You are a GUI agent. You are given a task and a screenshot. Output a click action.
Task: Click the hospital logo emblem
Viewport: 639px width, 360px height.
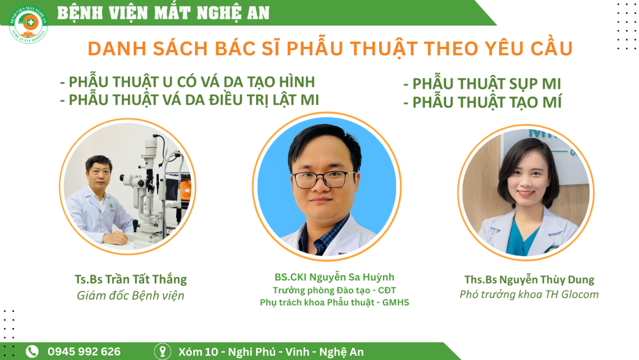(x=28, y=24)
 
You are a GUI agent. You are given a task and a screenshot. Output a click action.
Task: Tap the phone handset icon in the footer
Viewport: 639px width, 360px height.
(x=32, y=352)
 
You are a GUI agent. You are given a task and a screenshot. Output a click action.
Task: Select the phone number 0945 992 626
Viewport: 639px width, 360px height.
(x=84, y=352)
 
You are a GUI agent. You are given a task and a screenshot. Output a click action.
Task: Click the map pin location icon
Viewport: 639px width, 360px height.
(x=163, y=352)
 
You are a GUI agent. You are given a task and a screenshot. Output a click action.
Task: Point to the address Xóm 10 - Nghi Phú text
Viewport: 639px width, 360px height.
(x=227, y=352)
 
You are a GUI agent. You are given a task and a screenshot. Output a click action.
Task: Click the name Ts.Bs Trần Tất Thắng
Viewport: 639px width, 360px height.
(x=131, y=280)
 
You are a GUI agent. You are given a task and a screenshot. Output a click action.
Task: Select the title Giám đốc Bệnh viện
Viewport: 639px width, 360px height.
(x=131, y=296)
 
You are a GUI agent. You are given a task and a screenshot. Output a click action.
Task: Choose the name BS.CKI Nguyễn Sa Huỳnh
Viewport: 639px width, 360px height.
(x=334, y=277)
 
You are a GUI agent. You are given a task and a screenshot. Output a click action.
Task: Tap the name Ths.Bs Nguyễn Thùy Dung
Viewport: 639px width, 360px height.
(x=529, y=280)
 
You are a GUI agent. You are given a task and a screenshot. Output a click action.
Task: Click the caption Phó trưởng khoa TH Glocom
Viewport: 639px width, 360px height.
(x=529, y=294)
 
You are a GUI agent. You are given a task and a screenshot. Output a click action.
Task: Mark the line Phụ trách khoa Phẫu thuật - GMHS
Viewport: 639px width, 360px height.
(x=334, y=302)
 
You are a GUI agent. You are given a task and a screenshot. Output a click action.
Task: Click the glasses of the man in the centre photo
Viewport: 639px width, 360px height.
(x=323, y=180)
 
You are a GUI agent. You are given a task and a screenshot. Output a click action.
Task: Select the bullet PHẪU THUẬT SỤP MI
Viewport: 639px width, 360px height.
(x=482, y=84)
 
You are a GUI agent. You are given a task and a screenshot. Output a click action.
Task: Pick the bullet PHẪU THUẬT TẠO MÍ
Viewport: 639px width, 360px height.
(x=482, y=102)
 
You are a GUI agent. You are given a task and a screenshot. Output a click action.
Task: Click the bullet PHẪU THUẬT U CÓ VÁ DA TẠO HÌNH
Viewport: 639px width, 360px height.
(x=187, y=82)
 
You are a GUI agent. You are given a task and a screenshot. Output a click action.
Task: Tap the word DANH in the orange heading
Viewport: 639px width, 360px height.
(x=117, y=48)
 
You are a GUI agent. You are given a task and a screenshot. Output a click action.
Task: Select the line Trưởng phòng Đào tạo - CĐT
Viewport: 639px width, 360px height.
(x=334, y=290)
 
